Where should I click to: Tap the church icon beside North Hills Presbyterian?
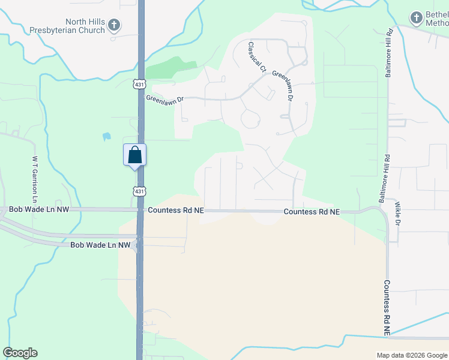pyautogui.click(x=115, y=25)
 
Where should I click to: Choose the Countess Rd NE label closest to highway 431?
pyautogui.click(x=176, y=211)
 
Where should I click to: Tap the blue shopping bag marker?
pyautogui.click(x=135, y=156)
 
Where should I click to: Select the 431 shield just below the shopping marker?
pyautogui.click(x=139, y=191)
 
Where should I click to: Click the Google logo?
pyautogui.click(x=20, y=353)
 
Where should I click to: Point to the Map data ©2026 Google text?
pyautogui.click(x=412, y=355)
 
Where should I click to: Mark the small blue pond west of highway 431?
pyautogui.click(x=107, y=137)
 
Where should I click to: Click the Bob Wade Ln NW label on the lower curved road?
pyautogui.click(x=100, y=245)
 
